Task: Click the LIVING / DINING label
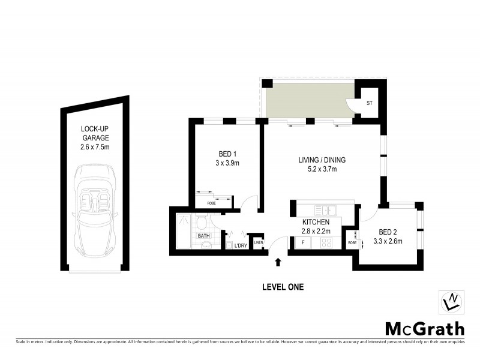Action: [x=322, y=160]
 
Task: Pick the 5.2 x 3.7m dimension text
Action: [x=322, y=170]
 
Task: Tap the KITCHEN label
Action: [x=316, y=222]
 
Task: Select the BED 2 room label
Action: [x=388, y=232]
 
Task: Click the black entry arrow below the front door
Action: [x=278, y=261]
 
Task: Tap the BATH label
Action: [x=204, y=236]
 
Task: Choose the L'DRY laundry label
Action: [x=241, y=245]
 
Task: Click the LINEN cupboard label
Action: [x=258, y=242]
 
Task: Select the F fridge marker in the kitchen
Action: [x=303, y=243]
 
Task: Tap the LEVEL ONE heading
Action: [x=283, y=287]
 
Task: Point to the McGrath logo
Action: [x=424, y=328]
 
